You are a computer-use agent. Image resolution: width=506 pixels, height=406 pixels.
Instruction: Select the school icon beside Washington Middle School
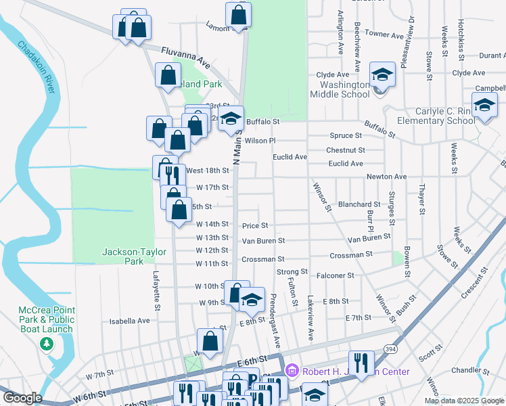pyautogui.click(x=382, y=75)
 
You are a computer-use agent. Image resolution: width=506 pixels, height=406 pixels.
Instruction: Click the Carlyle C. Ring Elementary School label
pyautogui.click(x=436, y=116)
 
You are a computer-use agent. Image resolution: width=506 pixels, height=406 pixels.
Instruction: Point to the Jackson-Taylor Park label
pyautogui.click(x=124, y=256)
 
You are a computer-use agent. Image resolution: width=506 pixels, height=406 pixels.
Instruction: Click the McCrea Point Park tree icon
pyautogui.click(x=46, y=344)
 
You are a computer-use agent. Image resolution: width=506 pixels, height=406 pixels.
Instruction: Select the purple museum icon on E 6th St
pyautogui.click(x=292, y=371)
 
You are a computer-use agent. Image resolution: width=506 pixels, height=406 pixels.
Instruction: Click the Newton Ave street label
pyautogui.click(x=386, y=177)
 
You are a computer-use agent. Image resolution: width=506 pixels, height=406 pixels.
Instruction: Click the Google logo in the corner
pyautogui.click(x=22, y=398)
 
